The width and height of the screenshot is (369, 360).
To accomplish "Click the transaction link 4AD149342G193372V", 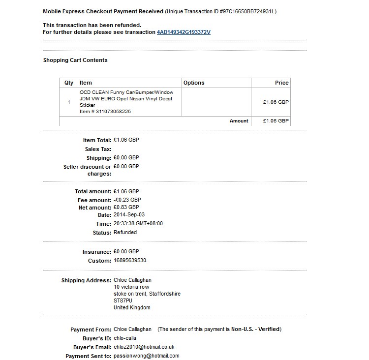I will pos(184,32).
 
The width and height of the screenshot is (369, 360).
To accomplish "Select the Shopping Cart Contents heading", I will pos(75,60).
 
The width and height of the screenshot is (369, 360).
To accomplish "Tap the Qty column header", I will pos(69,83).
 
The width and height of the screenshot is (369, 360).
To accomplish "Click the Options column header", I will pos(194,83).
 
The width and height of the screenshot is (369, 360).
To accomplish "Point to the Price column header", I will pos(282,83).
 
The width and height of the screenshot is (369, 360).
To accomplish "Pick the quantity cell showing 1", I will pos(69,102).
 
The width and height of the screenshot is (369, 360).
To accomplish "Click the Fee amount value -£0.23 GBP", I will pos(127,200).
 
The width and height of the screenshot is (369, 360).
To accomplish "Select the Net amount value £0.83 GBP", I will pos(126,208).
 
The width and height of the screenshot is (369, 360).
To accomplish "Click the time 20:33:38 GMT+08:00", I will pos(138,223).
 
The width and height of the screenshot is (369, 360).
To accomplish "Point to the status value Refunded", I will pos(125,232).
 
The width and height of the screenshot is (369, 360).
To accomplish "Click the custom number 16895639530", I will pos(130,261).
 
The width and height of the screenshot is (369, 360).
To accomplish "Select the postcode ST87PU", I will pos(123,300).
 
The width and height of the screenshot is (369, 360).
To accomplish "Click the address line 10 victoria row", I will pos(131,287).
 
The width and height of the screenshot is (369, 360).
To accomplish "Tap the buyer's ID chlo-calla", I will pos(125,338).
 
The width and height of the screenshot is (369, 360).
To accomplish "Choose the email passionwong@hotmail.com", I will pos(146,356).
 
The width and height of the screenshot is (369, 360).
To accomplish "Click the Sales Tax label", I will pos(98,149).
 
